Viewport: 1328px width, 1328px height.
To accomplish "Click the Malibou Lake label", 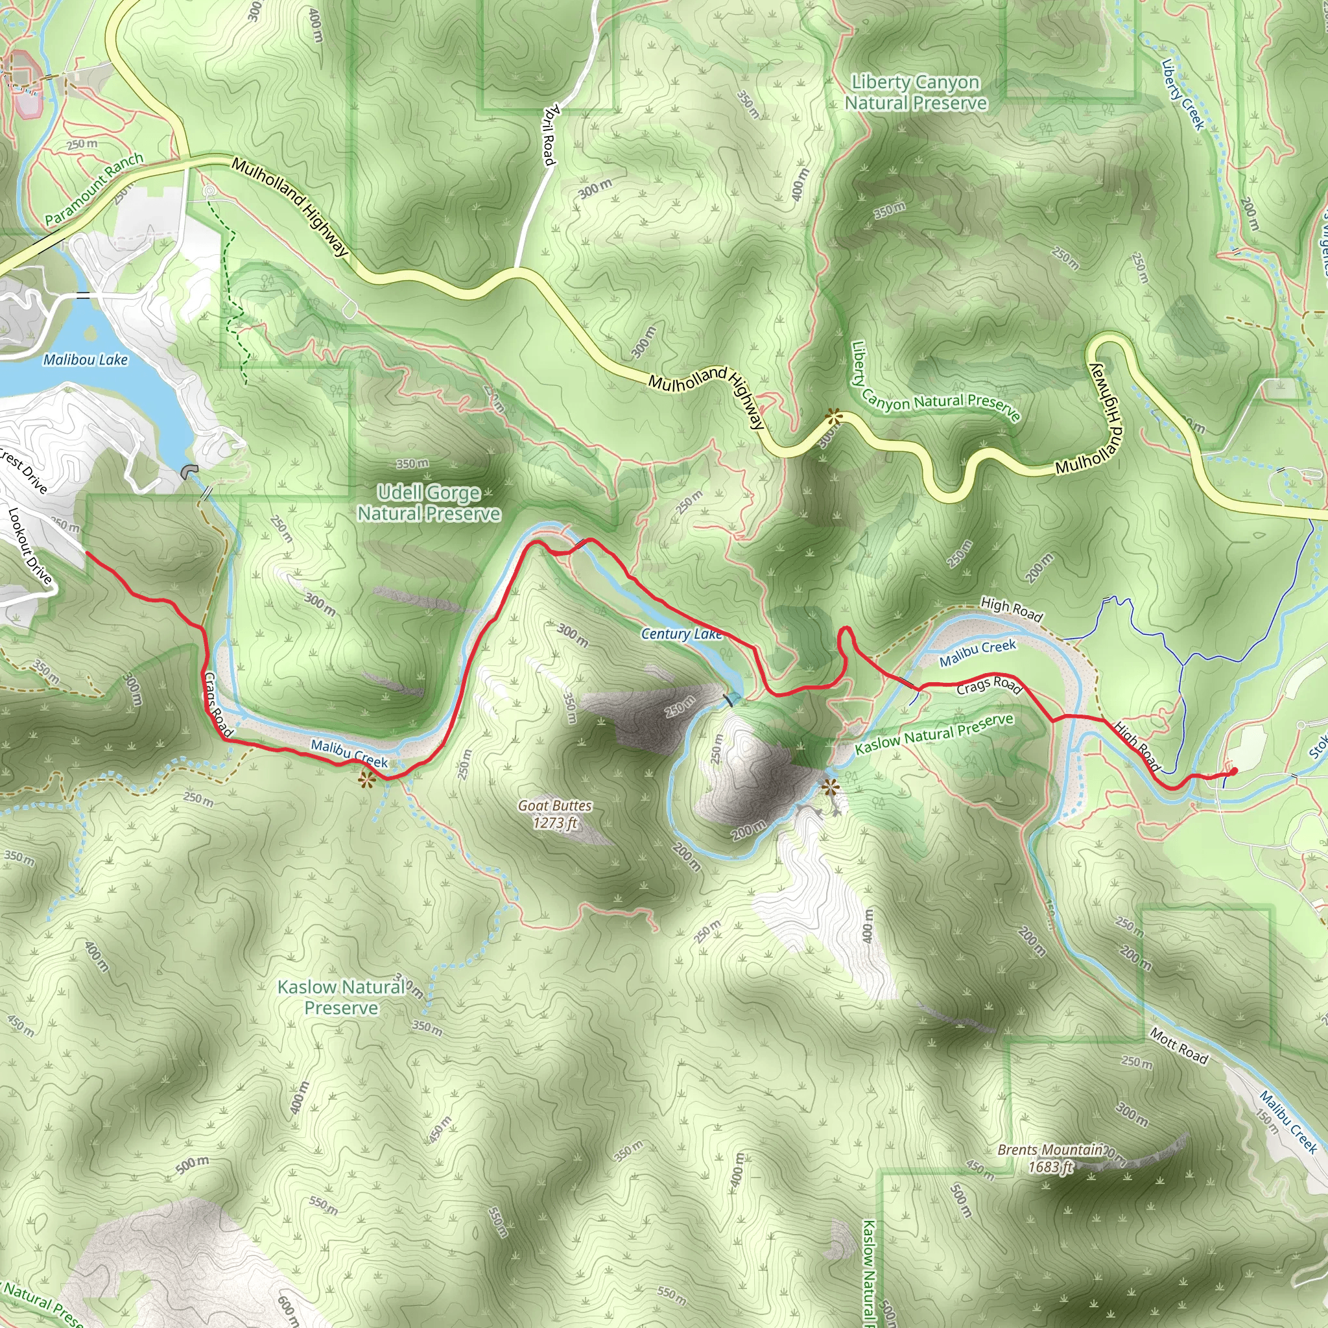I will [x=85, y=359].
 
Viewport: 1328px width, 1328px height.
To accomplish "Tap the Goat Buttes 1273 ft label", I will [x=554, y=814].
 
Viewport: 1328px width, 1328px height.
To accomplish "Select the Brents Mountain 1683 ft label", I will [x=1050, y=1158].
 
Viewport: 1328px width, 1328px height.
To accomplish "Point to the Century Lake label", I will [x=682, y=634].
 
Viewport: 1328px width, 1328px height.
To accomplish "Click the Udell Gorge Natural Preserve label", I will [x=429, y=503].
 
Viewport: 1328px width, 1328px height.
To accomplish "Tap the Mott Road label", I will [x=1179, y=1046].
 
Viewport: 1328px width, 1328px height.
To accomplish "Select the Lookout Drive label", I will [x=30, y=546].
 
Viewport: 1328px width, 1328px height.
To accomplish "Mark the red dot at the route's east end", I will [x=1234, y=771].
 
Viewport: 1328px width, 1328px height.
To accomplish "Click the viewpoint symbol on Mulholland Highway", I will [x=834, y=415].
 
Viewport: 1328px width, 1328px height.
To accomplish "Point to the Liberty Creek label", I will [x=1183, y=94].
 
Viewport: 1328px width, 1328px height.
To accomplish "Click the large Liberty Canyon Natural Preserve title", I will [x=916, y=93].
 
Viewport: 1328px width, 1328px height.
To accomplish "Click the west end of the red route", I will [x=87, y=552].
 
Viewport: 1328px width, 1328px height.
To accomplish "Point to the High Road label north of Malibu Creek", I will [x=1011, y=608].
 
